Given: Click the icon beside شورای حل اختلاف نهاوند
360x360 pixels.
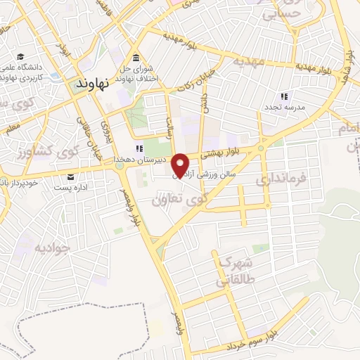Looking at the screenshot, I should tap(135, 58).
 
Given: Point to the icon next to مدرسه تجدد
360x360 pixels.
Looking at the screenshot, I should tap(284, 96).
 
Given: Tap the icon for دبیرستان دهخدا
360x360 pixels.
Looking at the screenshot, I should tap(139, 148).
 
